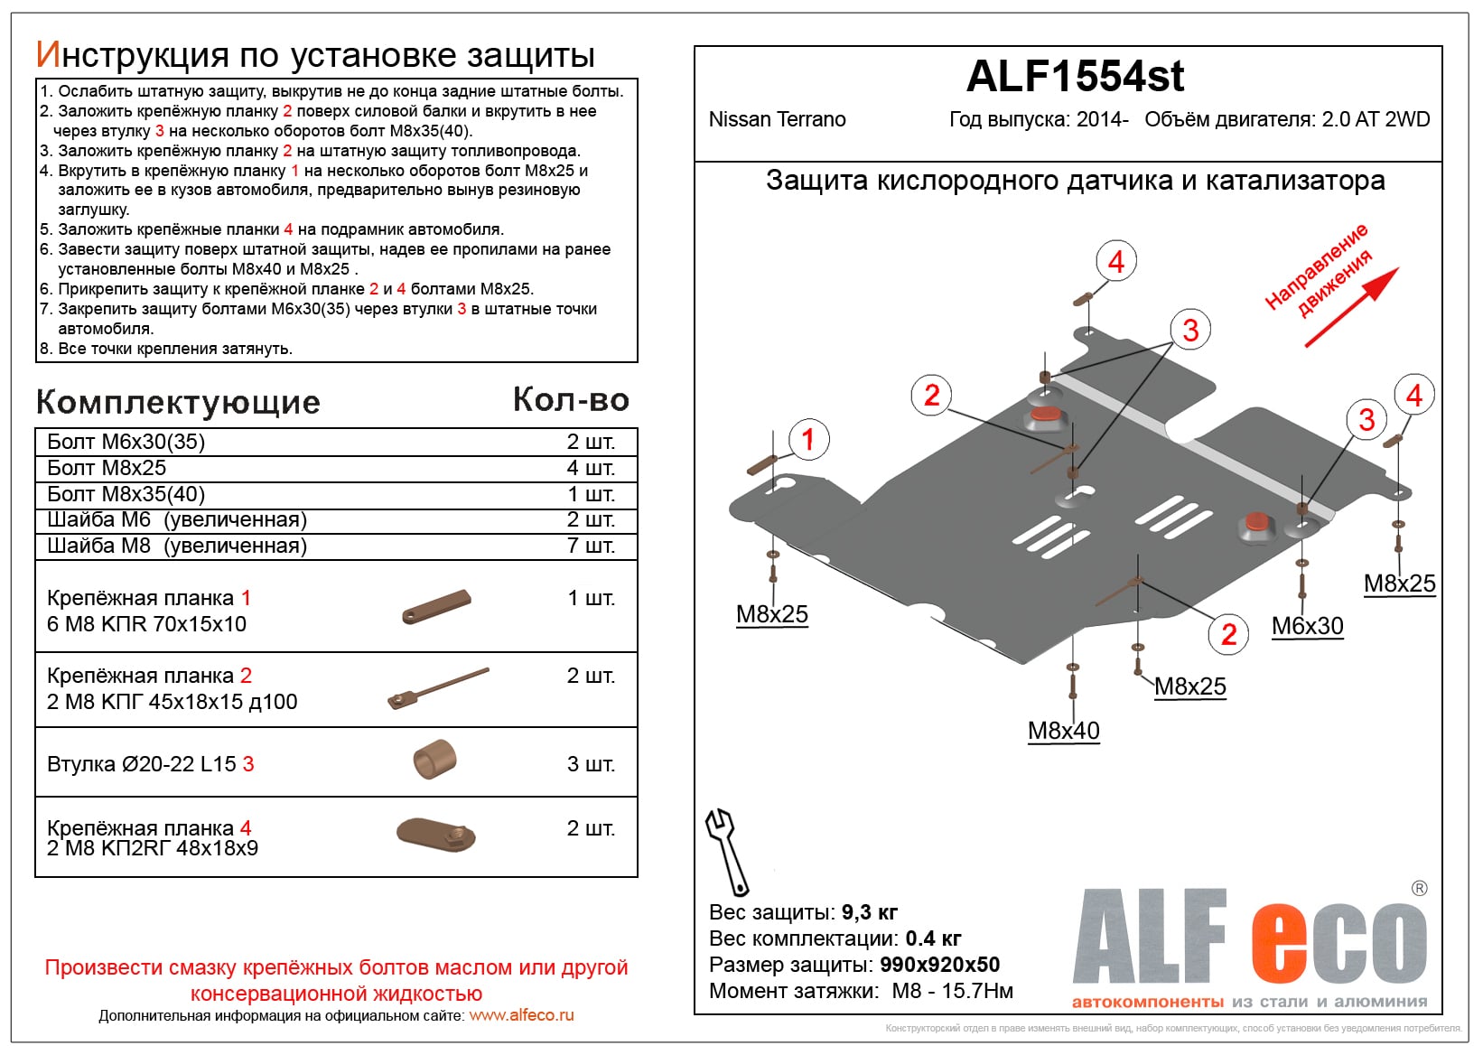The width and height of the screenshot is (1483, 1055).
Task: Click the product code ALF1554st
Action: (1075, 77)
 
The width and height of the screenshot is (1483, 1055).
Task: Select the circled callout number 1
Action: (807, 440)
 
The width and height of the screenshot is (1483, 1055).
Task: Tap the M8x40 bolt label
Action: (1063, 731)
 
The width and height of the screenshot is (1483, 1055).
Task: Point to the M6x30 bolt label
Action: (1307, 626)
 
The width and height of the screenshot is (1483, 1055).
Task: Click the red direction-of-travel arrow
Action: (1352, 307)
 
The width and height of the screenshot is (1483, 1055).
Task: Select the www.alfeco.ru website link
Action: (521, 1015)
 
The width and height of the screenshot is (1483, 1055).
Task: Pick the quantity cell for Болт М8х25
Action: (591, 468)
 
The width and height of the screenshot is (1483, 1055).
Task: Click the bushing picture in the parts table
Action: (434, 760)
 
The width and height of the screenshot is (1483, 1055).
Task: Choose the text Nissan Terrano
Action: (777, 120)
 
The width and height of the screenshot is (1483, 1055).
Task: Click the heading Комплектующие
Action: (178, 402)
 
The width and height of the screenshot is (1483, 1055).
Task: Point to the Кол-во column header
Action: (571, 399)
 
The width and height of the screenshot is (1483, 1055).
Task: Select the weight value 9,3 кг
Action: (870, 912)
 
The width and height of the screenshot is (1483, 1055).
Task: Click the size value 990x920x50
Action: (939, 965)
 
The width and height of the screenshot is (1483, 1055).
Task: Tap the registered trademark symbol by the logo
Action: (1419, 889)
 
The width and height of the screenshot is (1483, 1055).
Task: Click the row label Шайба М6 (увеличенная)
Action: (177, 520)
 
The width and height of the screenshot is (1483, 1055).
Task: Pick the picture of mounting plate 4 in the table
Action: (436, 833)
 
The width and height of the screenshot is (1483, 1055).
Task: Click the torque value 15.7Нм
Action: (977, 991)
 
